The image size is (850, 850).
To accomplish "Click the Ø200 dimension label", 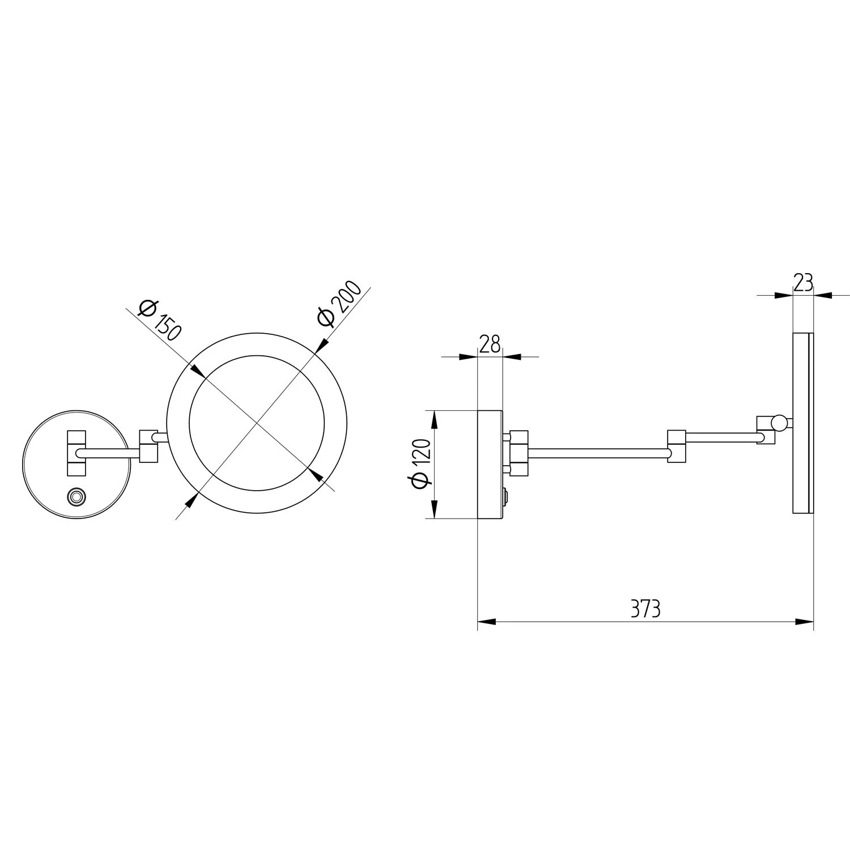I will click(x=339, y=303).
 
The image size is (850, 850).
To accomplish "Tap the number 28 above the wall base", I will click(x=490, y=344).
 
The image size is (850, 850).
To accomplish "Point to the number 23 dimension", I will click(x=803, y=282).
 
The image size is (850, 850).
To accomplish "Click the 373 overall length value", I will click(x=645, y=609).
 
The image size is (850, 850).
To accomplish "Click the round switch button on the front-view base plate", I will click(x=76, y=497).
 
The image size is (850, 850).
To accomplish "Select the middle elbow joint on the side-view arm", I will click(x=677, y=446).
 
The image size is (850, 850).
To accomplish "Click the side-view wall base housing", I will click(x=490, y=464).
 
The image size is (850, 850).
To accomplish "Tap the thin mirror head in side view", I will click(x=802, y=423).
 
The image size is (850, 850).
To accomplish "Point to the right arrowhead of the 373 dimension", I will click(x=805, y=622).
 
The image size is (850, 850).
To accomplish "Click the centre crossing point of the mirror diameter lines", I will click(x=257, y=424).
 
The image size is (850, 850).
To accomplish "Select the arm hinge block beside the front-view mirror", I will click(x=149, y=445).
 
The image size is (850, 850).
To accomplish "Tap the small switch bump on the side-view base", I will click(x=506, y=497).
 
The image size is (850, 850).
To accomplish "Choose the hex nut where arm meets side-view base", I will click(x=519, y=453).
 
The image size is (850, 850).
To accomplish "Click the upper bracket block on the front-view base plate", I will click(x=76, y=438).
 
